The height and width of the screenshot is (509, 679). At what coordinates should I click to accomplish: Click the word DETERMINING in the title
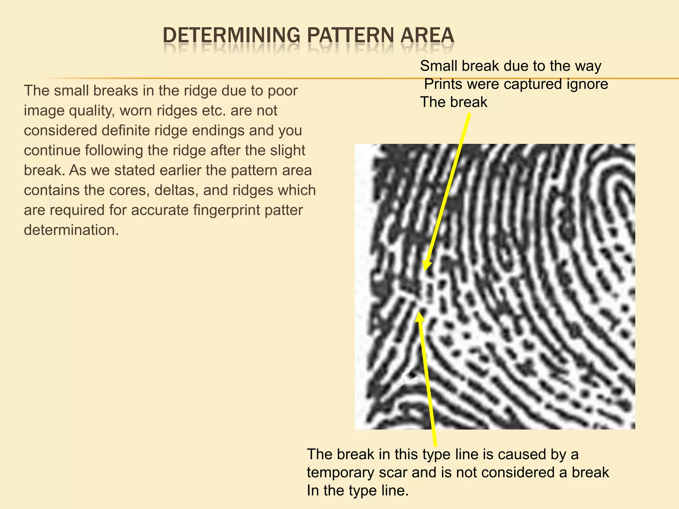[x=231, y=35]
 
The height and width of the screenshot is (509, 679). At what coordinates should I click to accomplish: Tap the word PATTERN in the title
[x=351, y=35]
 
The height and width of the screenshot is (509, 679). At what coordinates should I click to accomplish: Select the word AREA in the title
[x=427, y=35]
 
